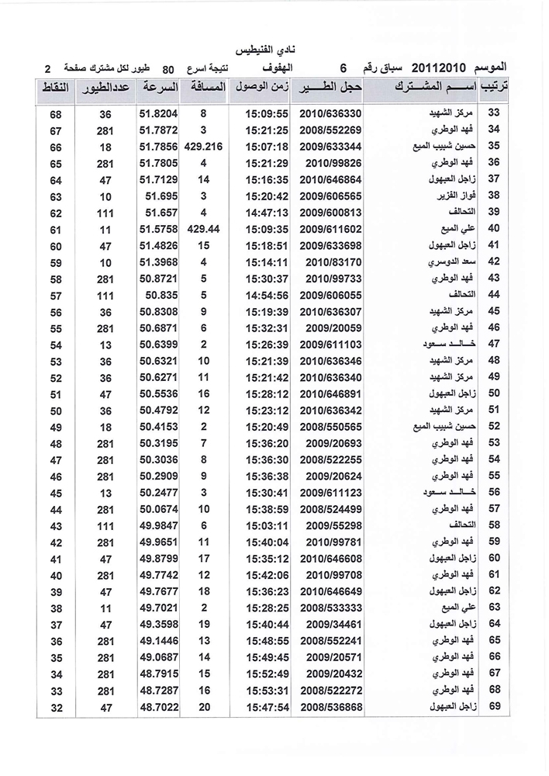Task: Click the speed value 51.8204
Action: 160,113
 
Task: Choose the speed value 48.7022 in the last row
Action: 160,705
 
